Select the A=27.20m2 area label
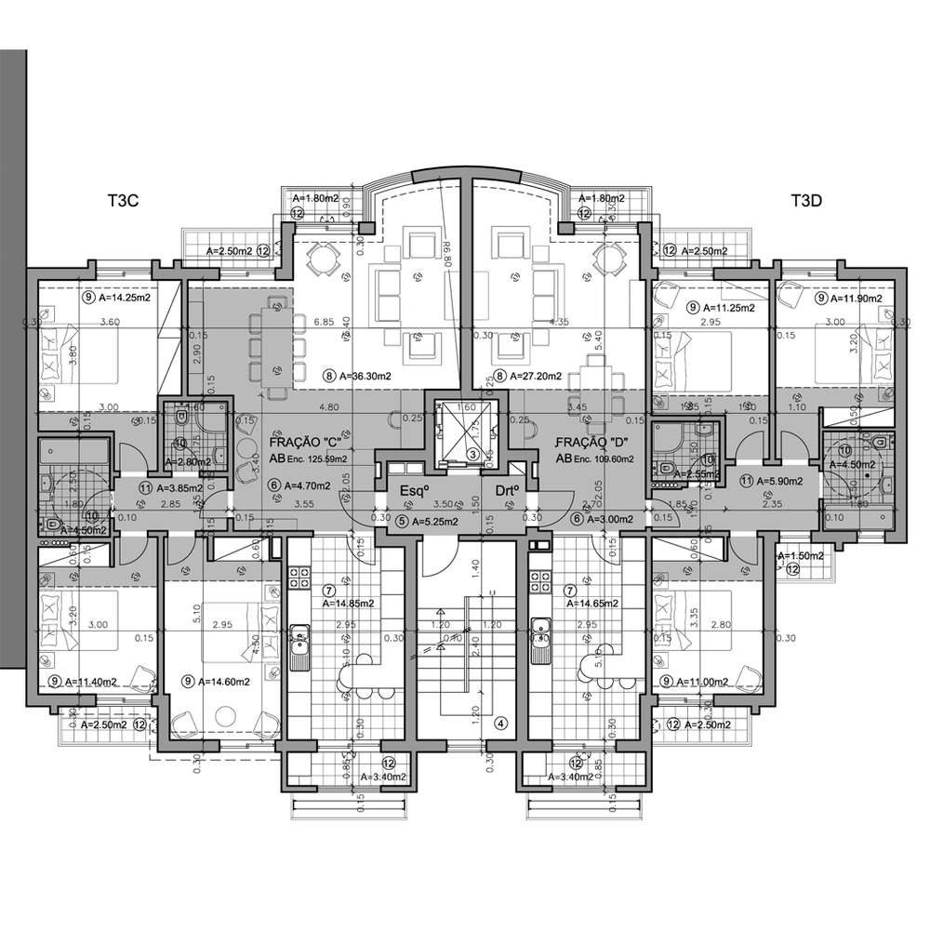tap(531, 377)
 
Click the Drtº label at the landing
tap(499, 490)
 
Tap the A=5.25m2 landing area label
tap(429, 521)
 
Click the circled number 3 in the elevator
tap(472, 455)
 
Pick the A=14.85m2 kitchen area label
tap(349, 602)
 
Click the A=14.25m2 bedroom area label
tap(124, 299)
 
